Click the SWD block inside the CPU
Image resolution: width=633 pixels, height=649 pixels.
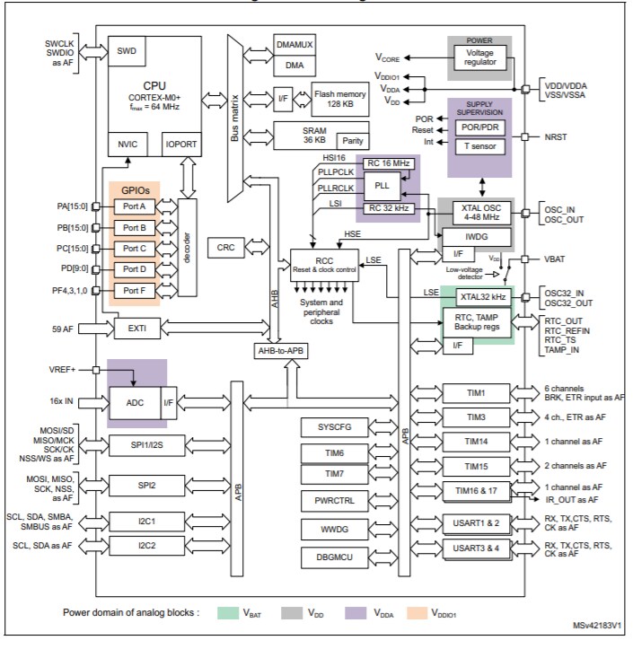coord(127,52)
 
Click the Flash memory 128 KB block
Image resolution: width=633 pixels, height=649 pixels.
coord(339,97)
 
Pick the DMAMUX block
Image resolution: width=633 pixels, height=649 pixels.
coord(295,45)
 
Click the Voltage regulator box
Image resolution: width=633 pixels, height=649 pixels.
coord(479,58)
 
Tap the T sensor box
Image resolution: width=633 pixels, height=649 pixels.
coord(479,146)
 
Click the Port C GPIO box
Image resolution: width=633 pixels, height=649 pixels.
coord(134,248)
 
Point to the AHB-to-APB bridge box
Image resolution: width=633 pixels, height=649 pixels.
coord(285,350)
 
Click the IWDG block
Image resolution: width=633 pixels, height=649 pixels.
coord(476,237)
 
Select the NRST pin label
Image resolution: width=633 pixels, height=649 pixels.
coord(557,137)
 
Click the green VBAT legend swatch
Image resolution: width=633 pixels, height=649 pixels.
coord(242,612)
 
